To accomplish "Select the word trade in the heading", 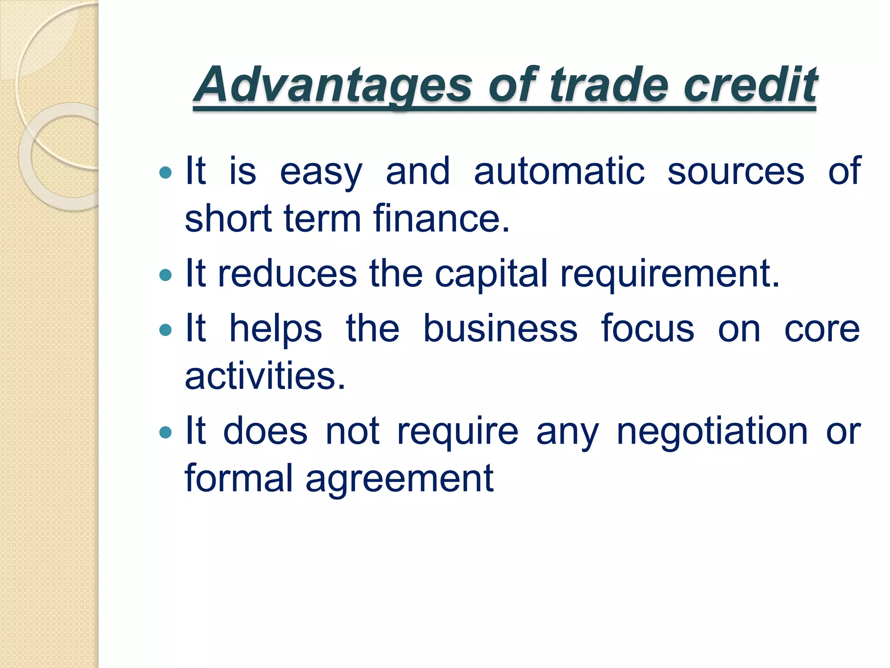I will click(608, 85).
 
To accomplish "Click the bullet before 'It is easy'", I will click(166, 173).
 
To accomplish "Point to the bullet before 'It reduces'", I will click(166, 275).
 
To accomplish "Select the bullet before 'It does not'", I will click(166, 432).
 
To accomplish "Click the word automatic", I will click(559, 171).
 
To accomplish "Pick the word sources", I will click(736, 171).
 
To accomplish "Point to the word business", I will click(500, 329).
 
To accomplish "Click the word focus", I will click(648, 329).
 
